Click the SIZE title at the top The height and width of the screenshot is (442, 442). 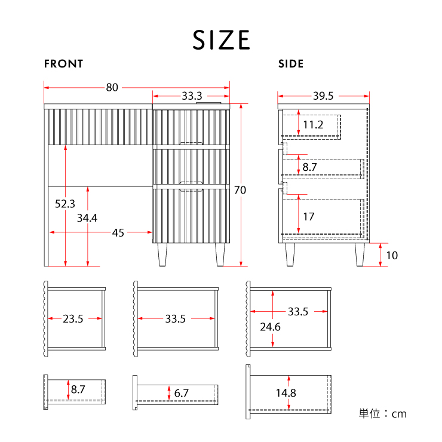pyautogui.click(x=221, y=40)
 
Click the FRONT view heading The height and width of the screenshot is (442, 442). pyautogui.click(x=63, y=64)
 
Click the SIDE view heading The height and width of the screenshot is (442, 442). pyautogui.click(x=291, y=64)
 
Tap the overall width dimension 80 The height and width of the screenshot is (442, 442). pyautogui.click(x=112, y=87)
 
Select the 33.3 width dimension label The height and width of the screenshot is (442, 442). pyautogui.click(x=192, y=96)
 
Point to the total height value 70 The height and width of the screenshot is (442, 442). pyautogui.click(x=240, y=191)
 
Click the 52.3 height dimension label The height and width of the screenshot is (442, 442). pyautogui.click(x=65, y=204)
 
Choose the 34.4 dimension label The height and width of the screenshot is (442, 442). pyautogui.click(x=87, y=218)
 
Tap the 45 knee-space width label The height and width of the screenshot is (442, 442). pyautogui.click(x=118, y=233)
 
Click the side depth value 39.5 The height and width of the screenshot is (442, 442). pyautogui.click(x=323, y=96)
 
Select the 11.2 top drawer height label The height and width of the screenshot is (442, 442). pyautogui.click(x=313, y=125)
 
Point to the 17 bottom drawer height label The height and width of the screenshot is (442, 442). pyautogui.click(x=308, y=217)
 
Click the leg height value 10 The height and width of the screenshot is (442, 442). pyautogui.click(x=392, y=256)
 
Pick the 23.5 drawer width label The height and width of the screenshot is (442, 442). pyautogui.click(x=73, y=319)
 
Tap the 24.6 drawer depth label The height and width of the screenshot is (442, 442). pyautogui.click(x=270, y=327)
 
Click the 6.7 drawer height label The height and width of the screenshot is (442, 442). pyautogui.click(x=181, y=393)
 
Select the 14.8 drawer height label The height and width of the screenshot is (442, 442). pyautogui.click(x=286, y=393)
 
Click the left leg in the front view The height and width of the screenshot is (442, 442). pyautogui.click(x=162, y=254)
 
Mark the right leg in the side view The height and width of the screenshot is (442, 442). pyautogui.click(x=360, y=254)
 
